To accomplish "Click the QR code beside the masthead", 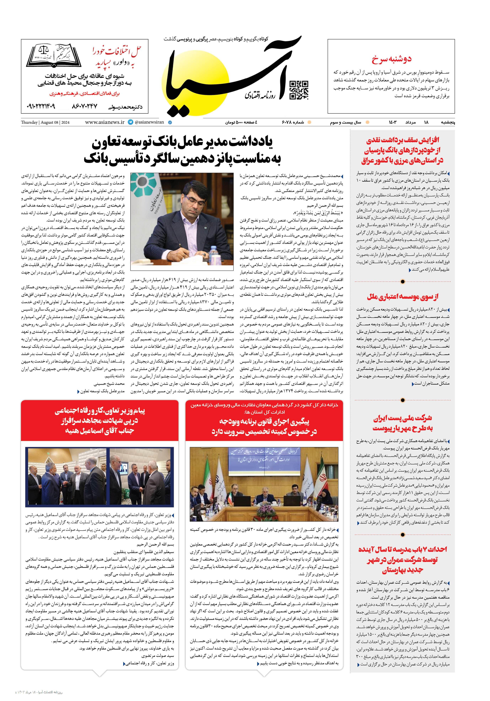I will click(299, 90).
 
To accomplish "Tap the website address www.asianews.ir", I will click(105, 122).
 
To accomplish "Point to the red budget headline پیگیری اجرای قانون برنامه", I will click(264, 426).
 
